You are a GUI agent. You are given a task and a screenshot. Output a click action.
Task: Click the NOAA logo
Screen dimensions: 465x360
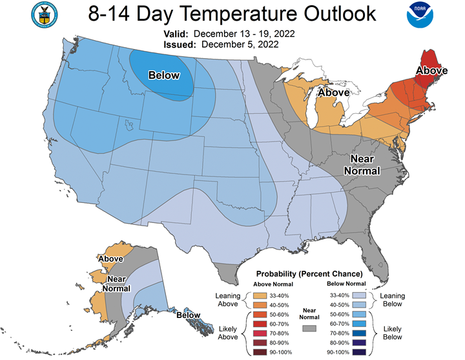[420, 15]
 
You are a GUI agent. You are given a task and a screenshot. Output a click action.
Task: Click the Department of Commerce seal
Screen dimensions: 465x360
[45, 15]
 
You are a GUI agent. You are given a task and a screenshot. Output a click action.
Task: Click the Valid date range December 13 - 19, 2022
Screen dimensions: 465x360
[244, 34]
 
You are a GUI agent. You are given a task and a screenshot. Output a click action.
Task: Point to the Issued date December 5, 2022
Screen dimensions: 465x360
[240, 45]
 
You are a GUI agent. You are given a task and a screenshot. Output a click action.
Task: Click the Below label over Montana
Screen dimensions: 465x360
[164, 76]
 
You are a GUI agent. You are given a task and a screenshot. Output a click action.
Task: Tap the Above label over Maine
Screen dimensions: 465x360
[432, 70]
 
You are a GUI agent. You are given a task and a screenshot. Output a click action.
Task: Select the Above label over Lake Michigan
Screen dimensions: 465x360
[334, 92]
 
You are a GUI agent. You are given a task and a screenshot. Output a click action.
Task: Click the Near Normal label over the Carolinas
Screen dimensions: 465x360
[362, 165]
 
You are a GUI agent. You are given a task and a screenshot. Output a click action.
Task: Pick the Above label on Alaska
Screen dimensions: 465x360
[110, 259]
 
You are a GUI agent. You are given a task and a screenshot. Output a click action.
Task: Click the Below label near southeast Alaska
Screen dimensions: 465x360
[189, 315]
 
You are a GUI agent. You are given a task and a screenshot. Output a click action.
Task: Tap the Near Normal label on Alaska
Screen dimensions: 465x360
[116, 284]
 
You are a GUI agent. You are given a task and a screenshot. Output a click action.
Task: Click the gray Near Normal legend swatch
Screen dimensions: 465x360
[309, 328]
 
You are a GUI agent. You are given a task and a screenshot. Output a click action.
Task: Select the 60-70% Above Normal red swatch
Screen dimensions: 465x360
[260, 324]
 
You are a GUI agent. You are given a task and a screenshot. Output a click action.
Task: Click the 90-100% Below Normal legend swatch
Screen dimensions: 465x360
[359, 352]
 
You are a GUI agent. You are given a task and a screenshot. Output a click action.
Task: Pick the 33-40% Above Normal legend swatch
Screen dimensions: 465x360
[260, 295]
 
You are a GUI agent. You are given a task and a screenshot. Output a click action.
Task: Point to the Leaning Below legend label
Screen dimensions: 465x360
[393, 300]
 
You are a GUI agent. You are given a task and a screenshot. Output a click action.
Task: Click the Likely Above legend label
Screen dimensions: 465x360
[228, 333]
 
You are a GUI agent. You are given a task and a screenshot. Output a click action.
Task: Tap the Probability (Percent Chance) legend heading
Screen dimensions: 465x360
[309, 273]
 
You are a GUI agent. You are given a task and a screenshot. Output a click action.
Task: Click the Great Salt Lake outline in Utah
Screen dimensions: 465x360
[128, 125]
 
